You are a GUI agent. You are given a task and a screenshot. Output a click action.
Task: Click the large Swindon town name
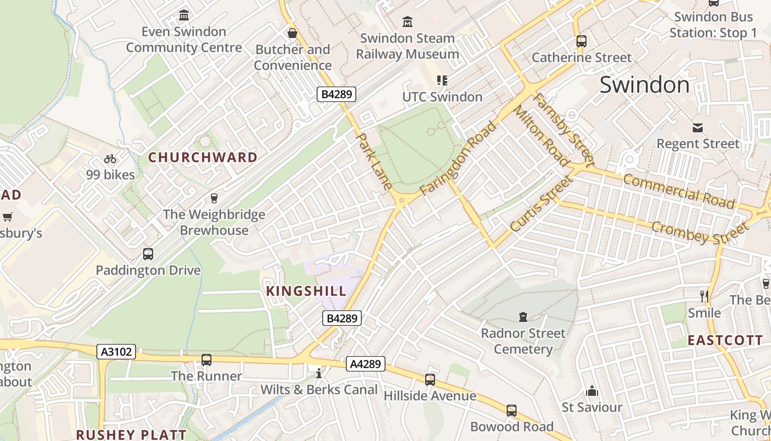click(x=644, y=85)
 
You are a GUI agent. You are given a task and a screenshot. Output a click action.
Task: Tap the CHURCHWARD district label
click(x=203, y=158)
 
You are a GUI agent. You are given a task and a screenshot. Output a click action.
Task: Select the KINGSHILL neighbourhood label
click(x=307, y=291)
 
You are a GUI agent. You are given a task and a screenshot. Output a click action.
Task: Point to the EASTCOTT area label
click(x=725, y=340)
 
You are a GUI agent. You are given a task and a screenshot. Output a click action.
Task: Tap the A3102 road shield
click(x=116, y=352)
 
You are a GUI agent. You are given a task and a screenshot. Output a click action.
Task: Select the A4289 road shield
click(x=366, y=364)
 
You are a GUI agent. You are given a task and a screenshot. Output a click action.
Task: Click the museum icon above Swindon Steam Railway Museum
click(x=408, y=22)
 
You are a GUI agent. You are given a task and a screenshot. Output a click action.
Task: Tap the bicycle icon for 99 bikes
click(x=110, y=159)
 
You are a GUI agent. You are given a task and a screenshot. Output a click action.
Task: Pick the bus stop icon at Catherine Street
click(x=581, y=41)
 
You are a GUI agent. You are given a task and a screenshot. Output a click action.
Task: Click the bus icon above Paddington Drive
click(x=148, y=254)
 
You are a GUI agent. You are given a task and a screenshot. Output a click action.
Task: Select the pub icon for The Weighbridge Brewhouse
click(x=214, y=198)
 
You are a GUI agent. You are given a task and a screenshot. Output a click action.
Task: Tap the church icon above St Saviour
click(x=592, y=391)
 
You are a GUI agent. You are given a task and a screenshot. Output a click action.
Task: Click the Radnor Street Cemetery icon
click(x=523, y=317)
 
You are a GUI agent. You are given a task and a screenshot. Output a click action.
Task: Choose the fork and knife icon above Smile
click(x=704, y=297)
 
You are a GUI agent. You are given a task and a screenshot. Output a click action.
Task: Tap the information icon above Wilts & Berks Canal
click(x=319, y=374)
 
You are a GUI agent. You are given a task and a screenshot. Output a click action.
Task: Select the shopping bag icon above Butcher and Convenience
click(x=292, y=33)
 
